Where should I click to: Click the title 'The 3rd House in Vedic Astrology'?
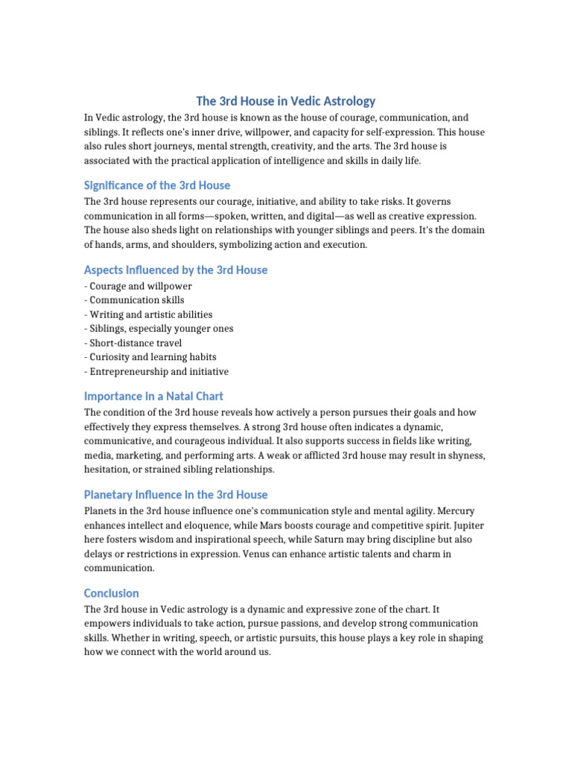(286, 100)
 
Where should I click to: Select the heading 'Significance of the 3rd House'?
(157, 185)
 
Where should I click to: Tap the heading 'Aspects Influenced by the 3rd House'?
(176, 270)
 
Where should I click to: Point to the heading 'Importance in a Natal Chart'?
(153, 397)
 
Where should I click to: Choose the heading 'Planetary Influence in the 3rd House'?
(176, 495)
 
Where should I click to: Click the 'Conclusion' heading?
(112, 593)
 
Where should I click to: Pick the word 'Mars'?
(301, 525)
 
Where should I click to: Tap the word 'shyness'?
(466, 455)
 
